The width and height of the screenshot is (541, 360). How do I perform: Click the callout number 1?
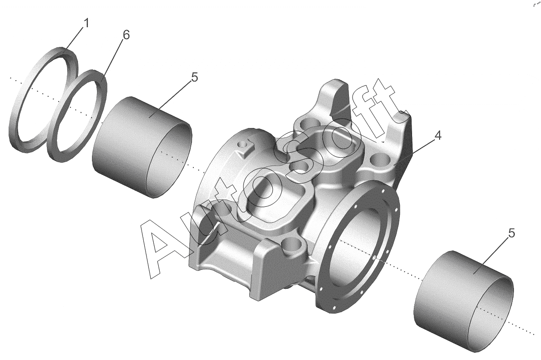(86, 23)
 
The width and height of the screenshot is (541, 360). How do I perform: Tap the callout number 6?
(126, 35)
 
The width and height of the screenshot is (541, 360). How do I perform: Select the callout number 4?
(438, 136)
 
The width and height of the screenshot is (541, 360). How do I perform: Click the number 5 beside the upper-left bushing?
(194, 77)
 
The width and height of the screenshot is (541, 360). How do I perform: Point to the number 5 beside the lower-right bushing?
(512, 233)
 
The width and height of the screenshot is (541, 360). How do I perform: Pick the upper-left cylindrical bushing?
(142, 147)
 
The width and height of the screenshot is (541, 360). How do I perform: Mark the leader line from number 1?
(74, 38)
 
